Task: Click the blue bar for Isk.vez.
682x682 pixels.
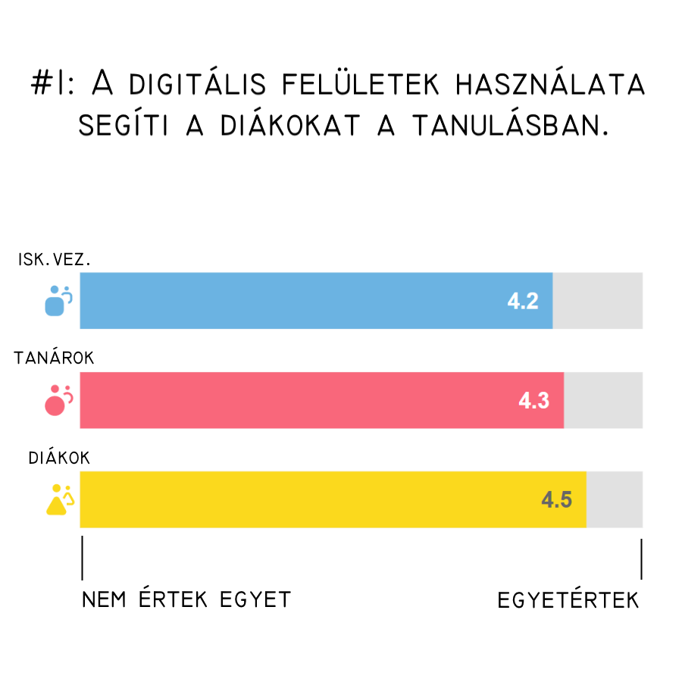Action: [x=303, y=300]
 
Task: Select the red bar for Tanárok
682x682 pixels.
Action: [x=303, y=400]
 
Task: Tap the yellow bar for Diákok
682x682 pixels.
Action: [x=303, y=499]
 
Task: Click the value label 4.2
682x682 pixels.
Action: [x=523, y=301]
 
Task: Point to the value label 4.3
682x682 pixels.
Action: [x=533, y=401]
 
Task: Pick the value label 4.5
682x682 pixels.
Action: [x=556, y=500]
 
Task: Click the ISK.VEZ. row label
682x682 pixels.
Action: [x=55, y=260]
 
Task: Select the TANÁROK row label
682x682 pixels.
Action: [x=55, y=358]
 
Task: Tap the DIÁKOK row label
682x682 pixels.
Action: [x=60, y=458]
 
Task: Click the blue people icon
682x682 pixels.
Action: [x=58, y=300]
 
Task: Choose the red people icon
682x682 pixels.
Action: [x=58, y=400]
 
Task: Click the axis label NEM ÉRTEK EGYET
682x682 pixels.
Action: [x=186, y=600]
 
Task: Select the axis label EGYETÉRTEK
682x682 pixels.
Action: [x=568, y=601]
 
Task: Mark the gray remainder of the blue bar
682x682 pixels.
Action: [x=598, y=300]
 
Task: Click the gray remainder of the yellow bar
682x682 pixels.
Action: [x=615, y=499]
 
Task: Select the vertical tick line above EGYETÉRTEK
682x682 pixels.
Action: [x=642, y=560]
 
